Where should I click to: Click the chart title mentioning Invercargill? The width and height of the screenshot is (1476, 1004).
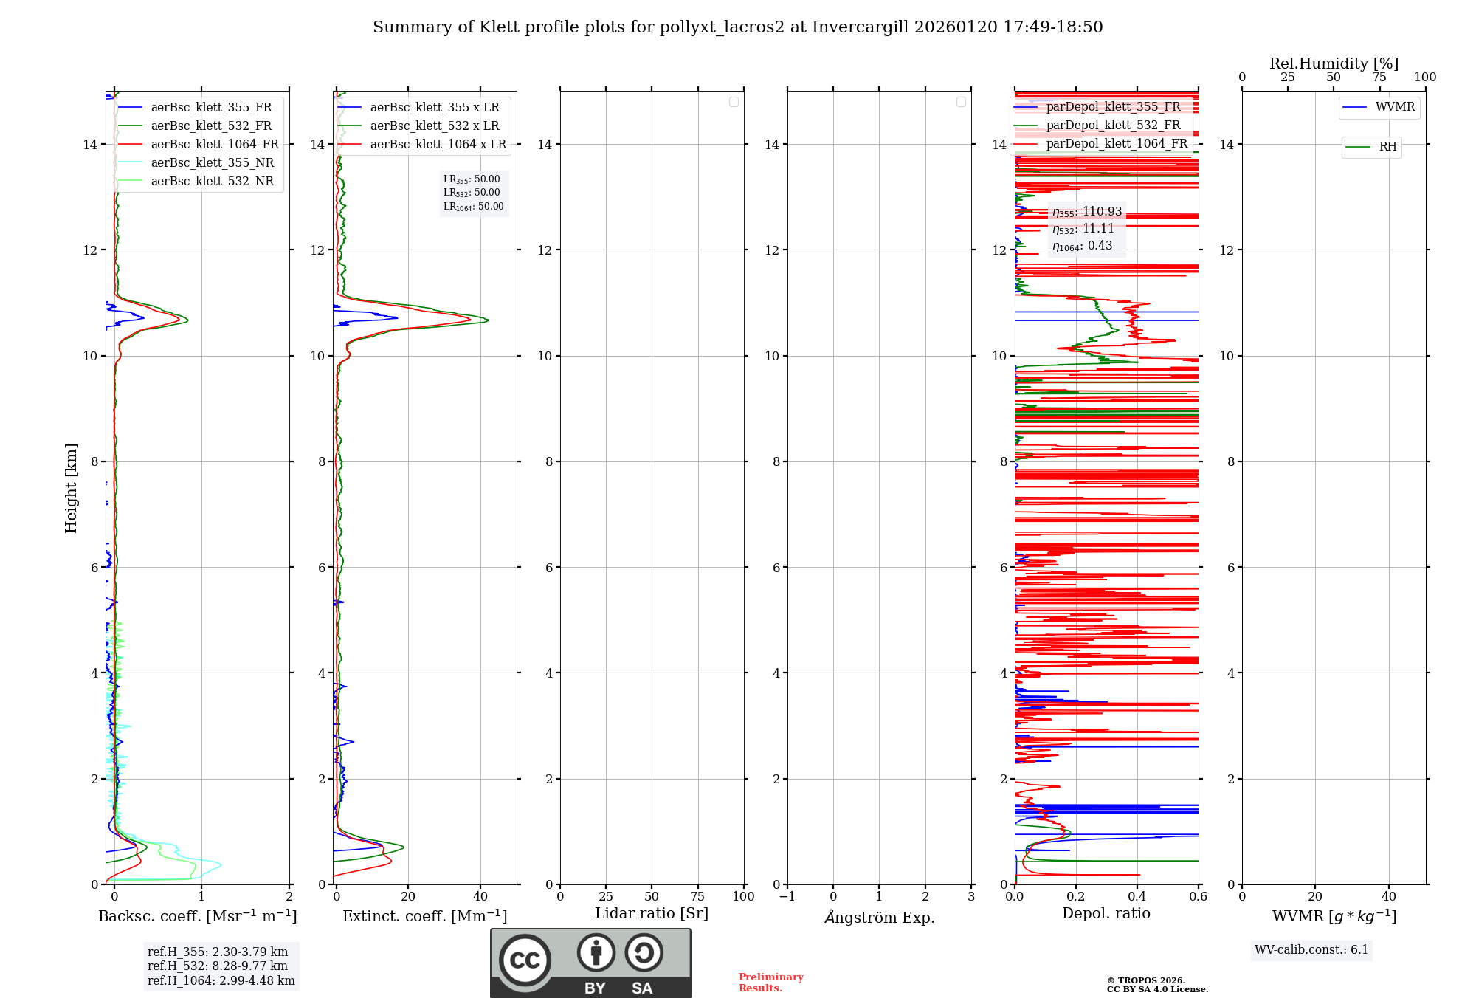737,27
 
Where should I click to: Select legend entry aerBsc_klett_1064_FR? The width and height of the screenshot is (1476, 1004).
214,145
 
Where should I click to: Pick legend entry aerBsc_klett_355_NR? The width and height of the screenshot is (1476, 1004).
212,163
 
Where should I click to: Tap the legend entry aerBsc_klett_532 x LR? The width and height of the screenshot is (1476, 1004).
434,126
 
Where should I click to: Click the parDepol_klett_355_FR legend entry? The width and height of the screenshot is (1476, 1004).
1113,107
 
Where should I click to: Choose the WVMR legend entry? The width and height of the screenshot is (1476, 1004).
1395,107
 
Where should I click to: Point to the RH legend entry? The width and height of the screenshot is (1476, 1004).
1387,147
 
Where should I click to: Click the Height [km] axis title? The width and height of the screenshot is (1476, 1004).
71,488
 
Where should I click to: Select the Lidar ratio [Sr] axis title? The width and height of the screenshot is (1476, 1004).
651,914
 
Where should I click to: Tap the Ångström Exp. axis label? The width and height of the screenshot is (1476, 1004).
879,918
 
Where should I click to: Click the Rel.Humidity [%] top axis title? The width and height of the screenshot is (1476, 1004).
1334,63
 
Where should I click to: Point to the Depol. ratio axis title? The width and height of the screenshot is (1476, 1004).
1106,914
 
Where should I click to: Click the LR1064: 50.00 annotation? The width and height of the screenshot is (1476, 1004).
473,207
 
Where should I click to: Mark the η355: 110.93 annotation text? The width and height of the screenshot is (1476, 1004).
1087,212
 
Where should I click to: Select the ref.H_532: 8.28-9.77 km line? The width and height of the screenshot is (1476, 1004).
218,966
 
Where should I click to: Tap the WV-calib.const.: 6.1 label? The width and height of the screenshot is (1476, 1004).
1311,950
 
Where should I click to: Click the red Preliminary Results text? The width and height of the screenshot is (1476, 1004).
770,983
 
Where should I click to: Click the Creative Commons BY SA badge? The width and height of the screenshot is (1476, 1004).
590,963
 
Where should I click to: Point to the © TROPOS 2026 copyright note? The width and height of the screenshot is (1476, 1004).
1156,985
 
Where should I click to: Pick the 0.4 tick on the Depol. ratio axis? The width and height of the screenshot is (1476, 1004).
1137,897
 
